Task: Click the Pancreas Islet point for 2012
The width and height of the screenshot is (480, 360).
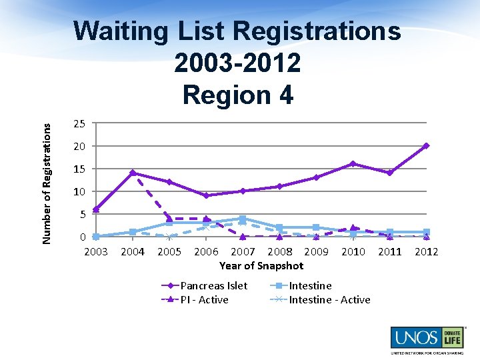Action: click(426, 145)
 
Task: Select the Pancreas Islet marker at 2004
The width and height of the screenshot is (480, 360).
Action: click(133, 173)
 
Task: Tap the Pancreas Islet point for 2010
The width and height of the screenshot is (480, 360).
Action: click(353, 163)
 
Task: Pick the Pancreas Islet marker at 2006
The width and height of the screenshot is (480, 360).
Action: click(206, 195)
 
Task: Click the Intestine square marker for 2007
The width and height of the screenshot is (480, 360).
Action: click(243, 219)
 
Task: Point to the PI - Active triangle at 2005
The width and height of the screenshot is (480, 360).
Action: click(169, 219)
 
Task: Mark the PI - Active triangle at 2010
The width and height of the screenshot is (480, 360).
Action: click(353, 228)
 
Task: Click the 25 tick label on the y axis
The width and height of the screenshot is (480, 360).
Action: click(79, 123)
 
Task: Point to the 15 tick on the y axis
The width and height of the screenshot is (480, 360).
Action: click(79, 169)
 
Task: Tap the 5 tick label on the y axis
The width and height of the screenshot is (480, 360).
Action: click(81, 214)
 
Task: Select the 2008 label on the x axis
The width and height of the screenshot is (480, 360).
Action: click(279, 251)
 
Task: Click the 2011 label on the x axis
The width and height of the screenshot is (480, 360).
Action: click(389, 251)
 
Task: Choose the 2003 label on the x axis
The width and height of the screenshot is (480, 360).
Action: click(96, 251)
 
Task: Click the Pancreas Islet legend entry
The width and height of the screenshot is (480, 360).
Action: click(213, 285)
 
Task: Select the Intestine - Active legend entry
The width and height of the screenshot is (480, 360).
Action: click(329, 299)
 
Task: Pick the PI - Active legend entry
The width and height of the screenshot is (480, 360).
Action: click(204, 299)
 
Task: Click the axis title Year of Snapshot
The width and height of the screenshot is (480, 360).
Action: click(261, 265)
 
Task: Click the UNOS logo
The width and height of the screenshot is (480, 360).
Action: click(425, 338)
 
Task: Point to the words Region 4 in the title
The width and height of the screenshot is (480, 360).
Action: click(237, 95)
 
